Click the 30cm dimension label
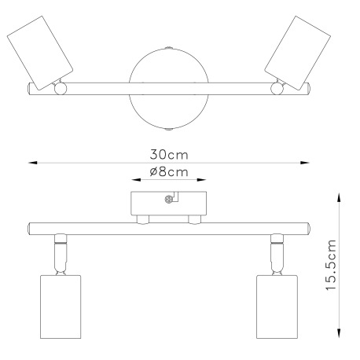[169, 155]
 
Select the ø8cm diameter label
[169, 172]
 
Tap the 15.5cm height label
[331, 265]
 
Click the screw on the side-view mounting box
[169, 200]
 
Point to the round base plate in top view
[169, 89]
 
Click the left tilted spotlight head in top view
[40, 53]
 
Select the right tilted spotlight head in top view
[297, 53]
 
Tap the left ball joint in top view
[61, 89]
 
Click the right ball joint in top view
[277, 89]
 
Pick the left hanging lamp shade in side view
[61, 307]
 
